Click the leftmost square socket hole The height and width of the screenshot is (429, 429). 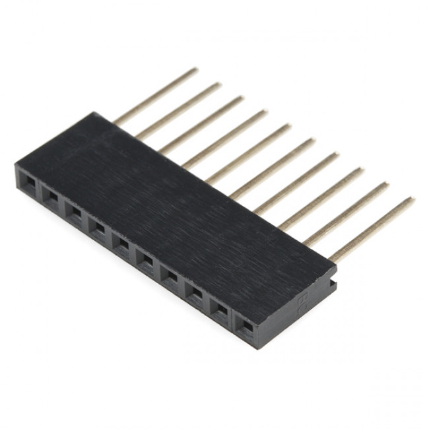click(x=27, y=179)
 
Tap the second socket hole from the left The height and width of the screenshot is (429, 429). click(x=51, y=195)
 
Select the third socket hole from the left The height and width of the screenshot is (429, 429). click(x=75, y=211)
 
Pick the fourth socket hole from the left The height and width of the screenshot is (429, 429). click(x=98, y=228)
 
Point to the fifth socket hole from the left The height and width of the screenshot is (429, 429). click(x=122, y=244)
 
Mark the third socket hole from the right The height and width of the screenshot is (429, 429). click(x=195, y=292)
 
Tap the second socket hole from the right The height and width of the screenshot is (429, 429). click(x=220, y=309)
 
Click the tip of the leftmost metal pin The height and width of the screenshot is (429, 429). click(x=195, y=69)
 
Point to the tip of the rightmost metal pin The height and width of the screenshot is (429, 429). click(x=412, y=199)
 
